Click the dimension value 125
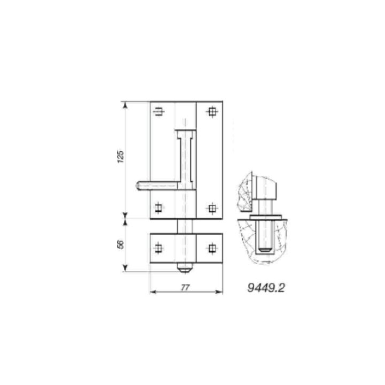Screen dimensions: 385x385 tap(120, 156)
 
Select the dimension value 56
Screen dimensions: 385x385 tap(120, 244)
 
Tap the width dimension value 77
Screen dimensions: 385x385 tap(185, 288)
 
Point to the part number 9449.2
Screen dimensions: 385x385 tap(266, 288)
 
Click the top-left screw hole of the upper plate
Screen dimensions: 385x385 tap(159, 112)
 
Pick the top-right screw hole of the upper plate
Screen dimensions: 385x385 tap(212, 112)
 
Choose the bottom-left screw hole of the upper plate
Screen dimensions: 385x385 tap(159, 209)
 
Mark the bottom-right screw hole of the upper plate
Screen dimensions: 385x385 tap(212, 209)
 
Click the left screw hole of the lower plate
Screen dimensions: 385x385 tap(159, 248)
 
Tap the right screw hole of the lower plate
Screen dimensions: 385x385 tap(212, 248)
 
